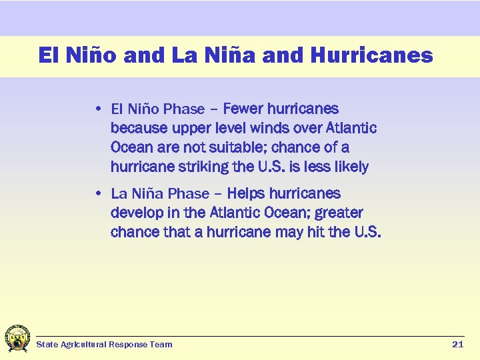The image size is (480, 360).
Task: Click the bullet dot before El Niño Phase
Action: [x=98, y=109]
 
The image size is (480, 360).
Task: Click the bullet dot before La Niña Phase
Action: [x=98, y=194]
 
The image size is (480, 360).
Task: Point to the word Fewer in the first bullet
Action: [x=245, y=109]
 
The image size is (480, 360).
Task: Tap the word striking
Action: [x=197, y=167]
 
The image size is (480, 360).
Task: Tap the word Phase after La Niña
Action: [x=189, y=194]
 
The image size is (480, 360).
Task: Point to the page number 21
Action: [x=457, y=344]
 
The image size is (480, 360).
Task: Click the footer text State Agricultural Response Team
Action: [x=104, y=344]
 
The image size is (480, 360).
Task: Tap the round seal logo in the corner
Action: [x=17, y=339]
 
